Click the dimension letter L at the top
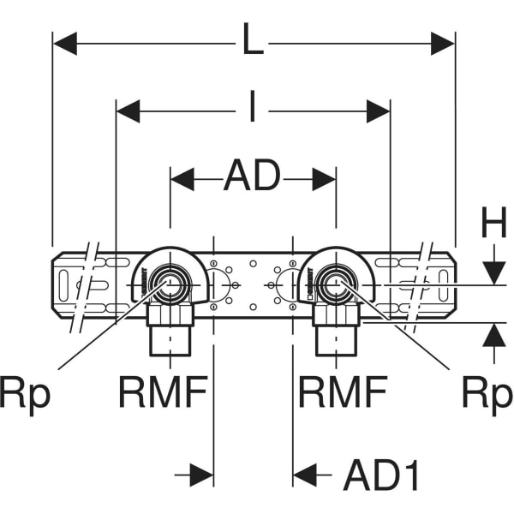253,41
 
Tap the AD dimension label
253,178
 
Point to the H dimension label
493,225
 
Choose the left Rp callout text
27,393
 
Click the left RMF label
162,393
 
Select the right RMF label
342,393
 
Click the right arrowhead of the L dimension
443,41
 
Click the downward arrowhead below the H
493,272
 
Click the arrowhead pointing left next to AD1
306,474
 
